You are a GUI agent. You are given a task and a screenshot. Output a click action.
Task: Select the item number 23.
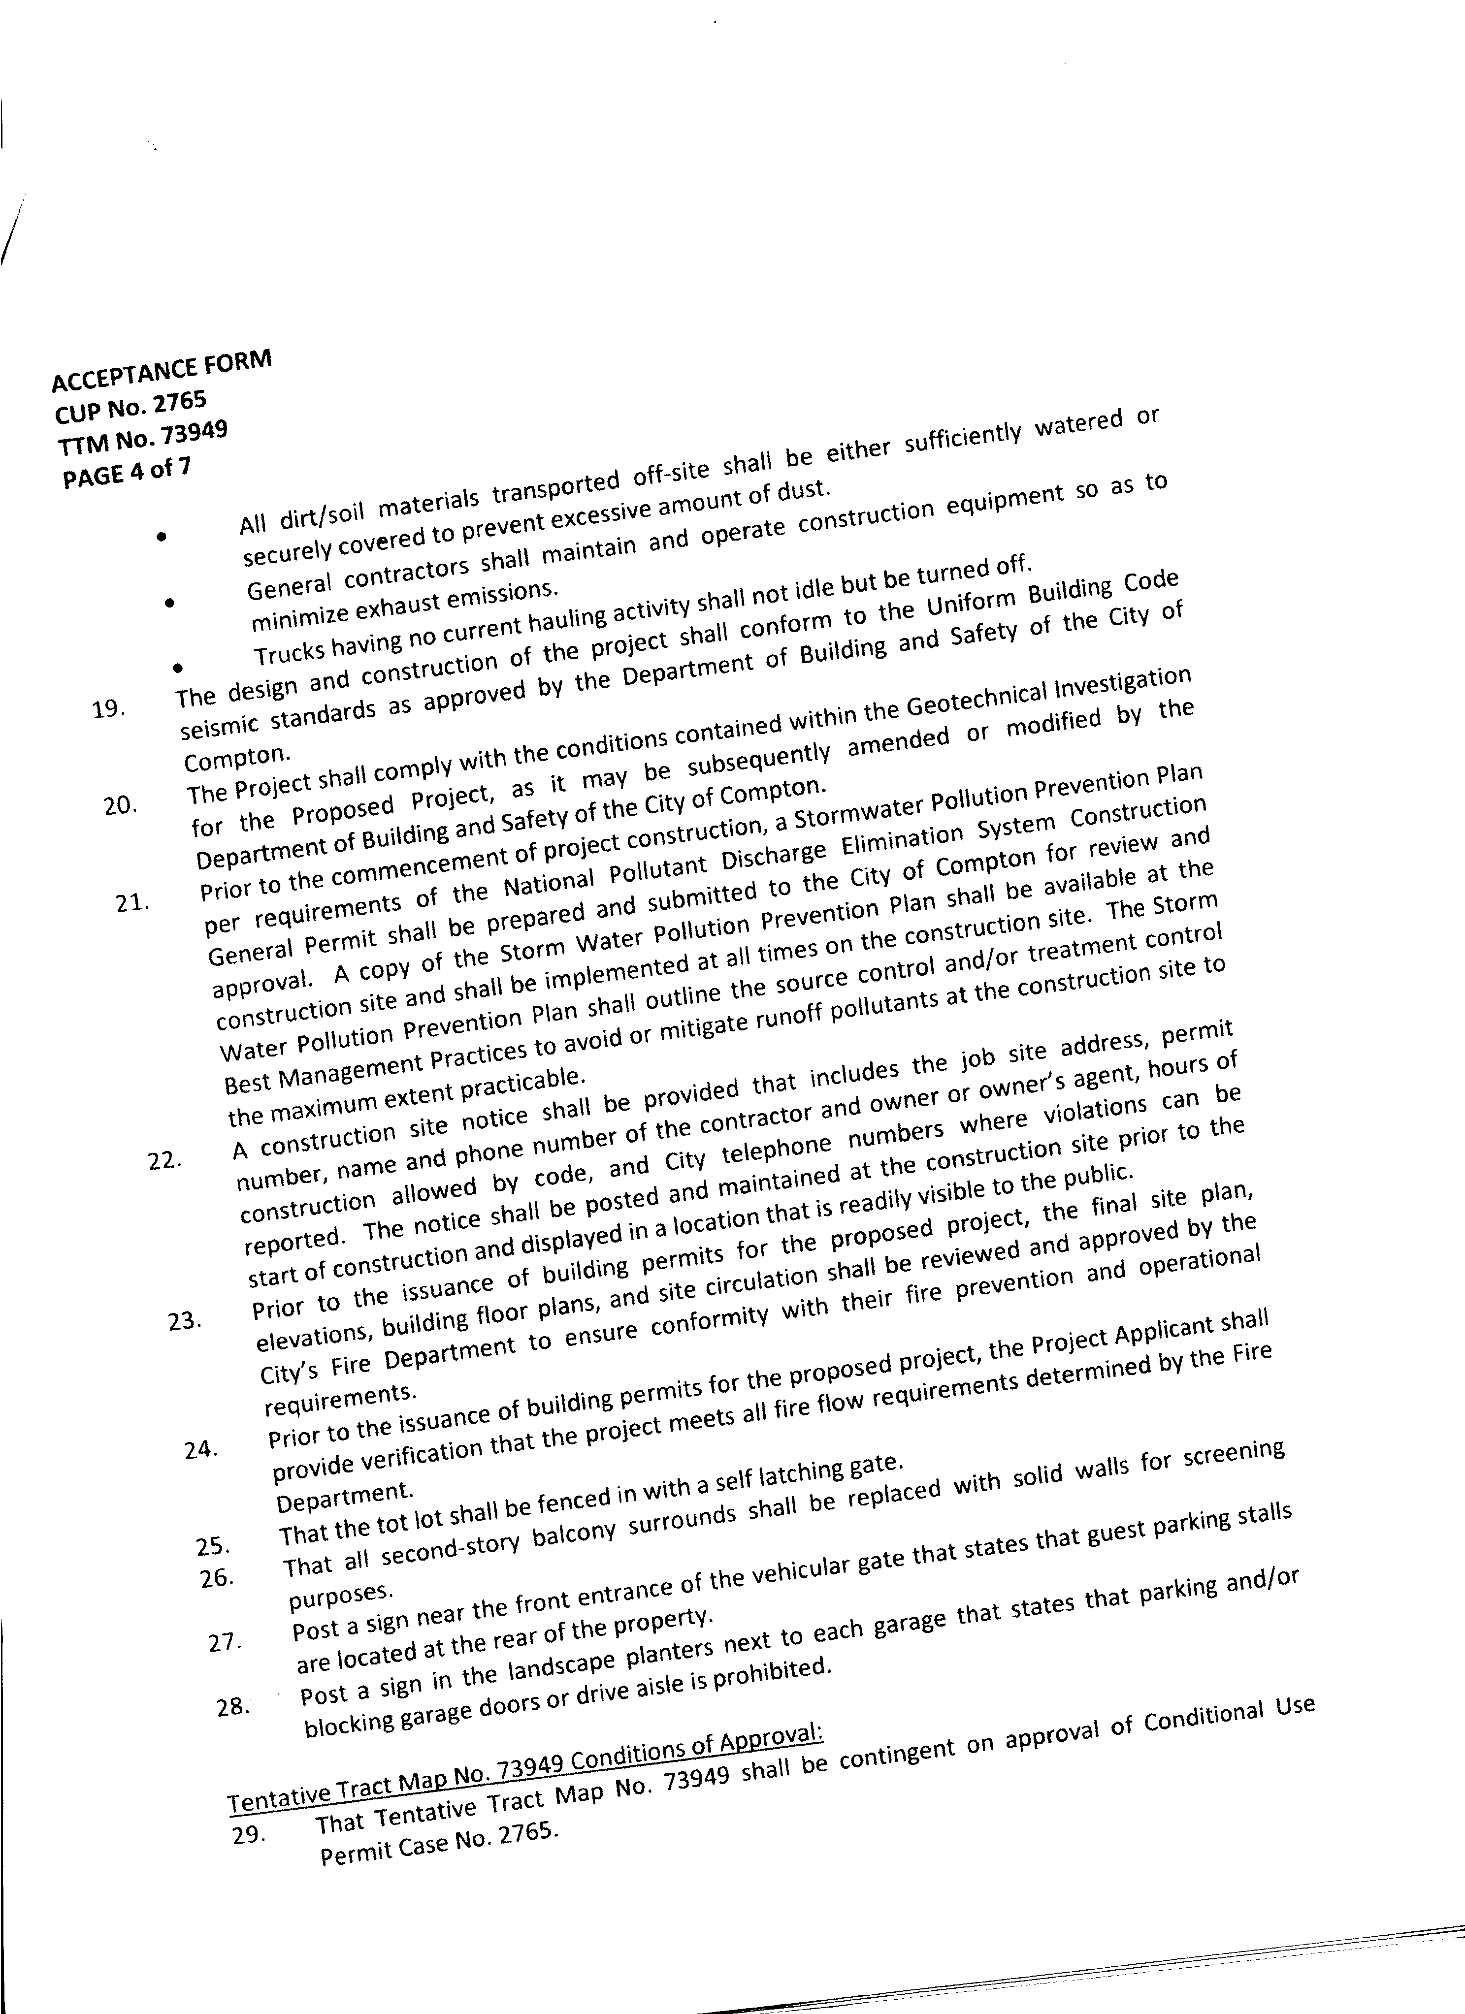click(x=185, y=1321)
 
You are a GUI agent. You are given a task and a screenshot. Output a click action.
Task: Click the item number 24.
click(x=202, y=1450)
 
